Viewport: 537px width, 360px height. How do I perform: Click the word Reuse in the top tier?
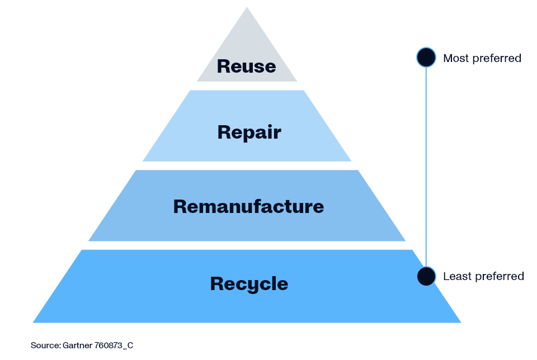tap(246, 66)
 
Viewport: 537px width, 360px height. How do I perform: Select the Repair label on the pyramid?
tap(249, 132)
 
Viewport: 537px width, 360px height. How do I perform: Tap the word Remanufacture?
tap(248, 206)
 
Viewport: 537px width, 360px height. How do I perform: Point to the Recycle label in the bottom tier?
tap(249, 283)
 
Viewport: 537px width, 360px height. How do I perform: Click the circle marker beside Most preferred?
tap(426, 58)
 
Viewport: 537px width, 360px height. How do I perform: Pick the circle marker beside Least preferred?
tap(426, 276)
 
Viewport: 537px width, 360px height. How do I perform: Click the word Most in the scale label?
tap(454, 58)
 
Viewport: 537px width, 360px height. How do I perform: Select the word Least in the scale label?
tap(455, 277)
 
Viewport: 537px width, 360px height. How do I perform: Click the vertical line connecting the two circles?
tap(426, 168)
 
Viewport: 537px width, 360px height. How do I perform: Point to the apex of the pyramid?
tap(247, 8)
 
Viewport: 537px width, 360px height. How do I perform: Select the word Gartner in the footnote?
tap(78, 345)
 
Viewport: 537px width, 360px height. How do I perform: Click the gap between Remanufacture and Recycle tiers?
tap(247, 245)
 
